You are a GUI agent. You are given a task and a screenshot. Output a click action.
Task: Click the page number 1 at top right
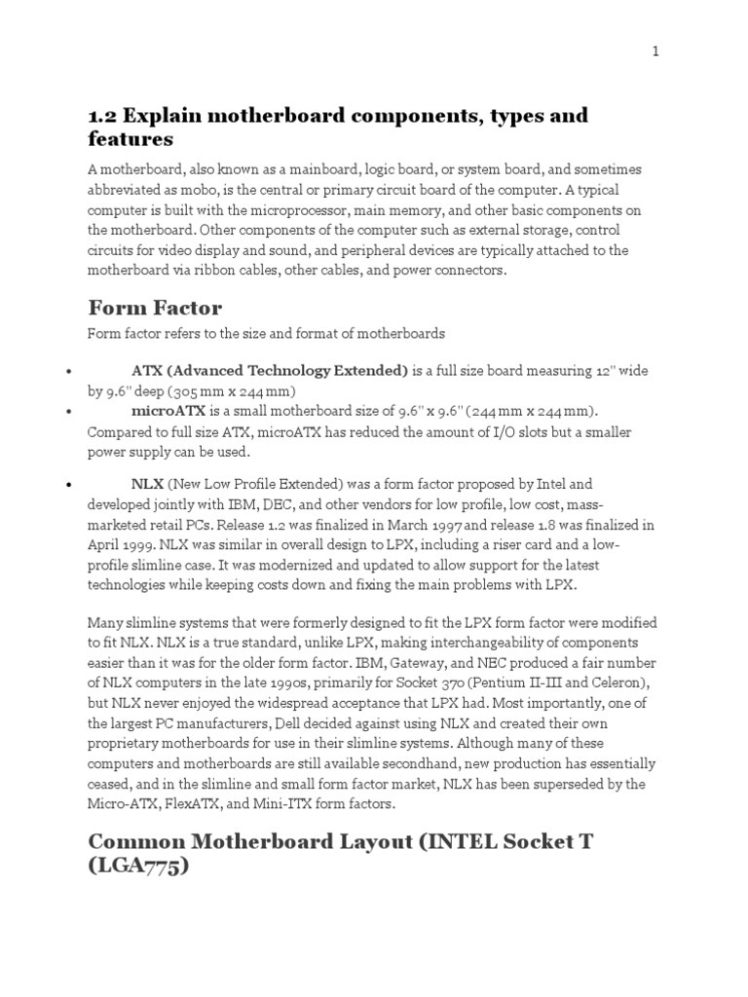pos(656,52)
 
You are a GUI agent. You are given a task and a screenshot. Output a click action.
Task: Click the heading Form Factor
pos(155,308)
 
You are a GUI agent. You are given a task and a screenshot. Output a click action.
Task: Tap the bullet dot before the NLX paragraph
pos(68,484)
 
